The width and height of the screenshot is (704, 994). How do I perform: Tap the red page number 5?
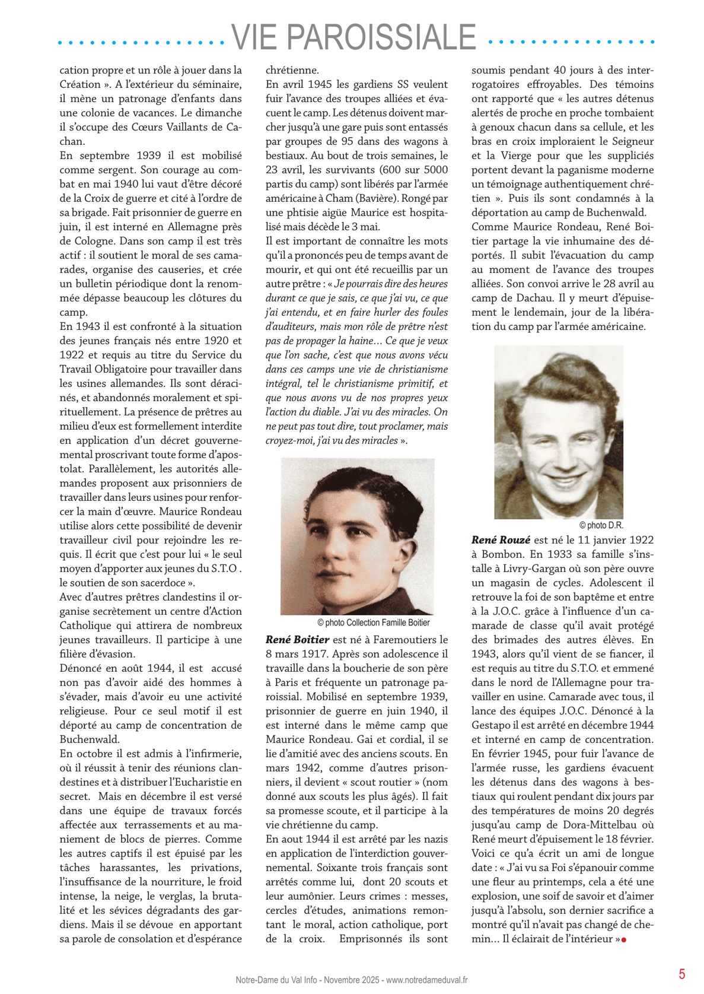[682, 973]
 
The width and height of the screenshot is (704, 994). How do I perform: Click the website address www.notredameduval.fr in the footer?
[427, 980]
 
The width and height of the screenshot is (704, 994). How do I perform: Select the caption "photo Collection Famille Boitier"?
[374, 623]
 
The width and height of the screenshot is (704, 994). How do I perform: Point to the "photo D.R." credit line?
[601, 525]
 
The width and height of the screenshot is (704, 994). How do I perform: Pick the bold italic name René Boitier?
[297, 640]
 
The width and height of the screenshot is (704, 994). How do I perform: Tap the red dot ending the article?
[624, 939]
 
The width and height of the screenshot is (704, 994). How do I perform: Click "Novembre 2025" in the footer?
[352, 980]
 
